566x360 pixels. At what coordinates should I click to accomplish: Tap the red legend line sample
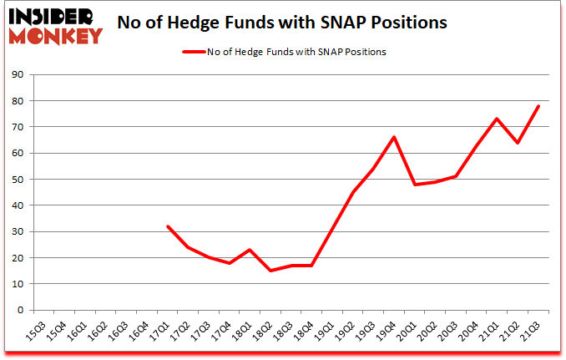point(199,52)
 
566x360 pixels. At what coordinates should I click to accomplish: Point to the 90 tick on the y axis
point(17,75)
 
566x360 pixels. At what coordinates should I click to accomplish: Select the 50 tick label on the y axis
point(17,180)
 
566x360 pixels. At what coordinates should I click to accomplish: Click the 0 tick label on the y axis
point(19,310)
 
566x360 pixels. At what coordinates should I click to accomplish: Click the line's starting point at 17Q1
point(168,226)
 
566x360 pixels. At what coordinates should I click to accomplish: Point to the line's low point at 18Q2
point(270,271)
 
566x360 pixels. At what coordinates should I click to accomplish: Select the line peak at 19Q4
point(394,137)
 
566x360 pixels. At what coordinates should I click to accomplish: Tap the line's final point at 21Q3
point(538,106)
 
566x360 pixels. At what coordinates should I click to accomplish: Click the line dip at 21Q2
point(518,143)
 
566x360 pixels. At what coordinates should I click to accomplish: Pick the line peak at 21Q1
point(497,119)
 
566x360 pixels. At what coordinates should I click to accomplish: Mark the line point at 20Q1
point(414,185)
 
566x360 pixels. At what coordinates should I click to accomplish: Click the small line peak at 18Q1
point(250,250)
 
